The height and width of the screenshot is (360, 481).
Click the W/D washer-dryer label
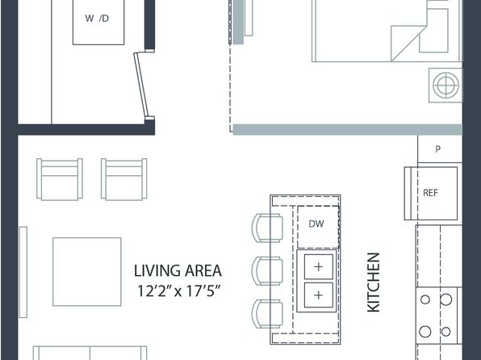point(97,19)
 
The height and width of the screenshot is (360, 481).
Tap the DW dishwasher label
point(316,224)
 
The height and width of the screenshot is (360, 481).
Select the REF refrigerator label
point(430,193)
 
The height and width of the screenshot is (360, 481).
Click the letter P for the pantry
point(437,149)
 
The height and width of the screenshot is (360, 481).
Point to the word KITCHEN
point(374,283)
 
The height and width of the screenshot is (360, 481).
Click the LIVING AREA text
point(178,270)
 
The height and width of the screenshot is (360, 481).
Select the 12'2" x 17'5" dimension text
point(178,291)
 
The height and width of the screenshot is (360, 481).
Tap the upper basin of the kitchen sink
point(319,266)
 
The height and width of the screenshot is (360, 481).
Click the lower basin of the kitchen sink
point(319,295)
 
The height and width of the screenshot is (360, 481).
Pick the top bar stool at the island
point(267,228)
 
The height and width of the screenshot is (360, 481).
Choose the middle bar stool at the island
point(267,270)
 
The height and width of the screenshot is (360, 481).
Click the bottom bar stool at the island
point(267,314)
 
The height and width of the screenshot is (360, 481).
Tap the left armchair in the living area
point(60,179)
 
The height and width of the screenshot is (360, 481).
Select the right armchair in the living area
point(124,179)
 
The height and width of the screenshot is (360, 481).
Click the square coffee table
point(87,271)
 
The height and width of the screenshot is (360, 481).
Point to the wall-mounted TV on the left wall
point(23,272)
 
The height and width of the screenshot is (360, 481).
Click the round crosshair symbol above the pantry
point(445,85)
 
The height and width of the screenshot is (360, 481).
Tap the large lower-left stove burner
point(425,332)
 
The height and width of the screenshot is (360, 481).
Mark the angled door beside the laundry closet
point(141,85)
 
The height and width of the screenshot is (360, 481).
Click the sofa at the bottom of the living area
point(90,353)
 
